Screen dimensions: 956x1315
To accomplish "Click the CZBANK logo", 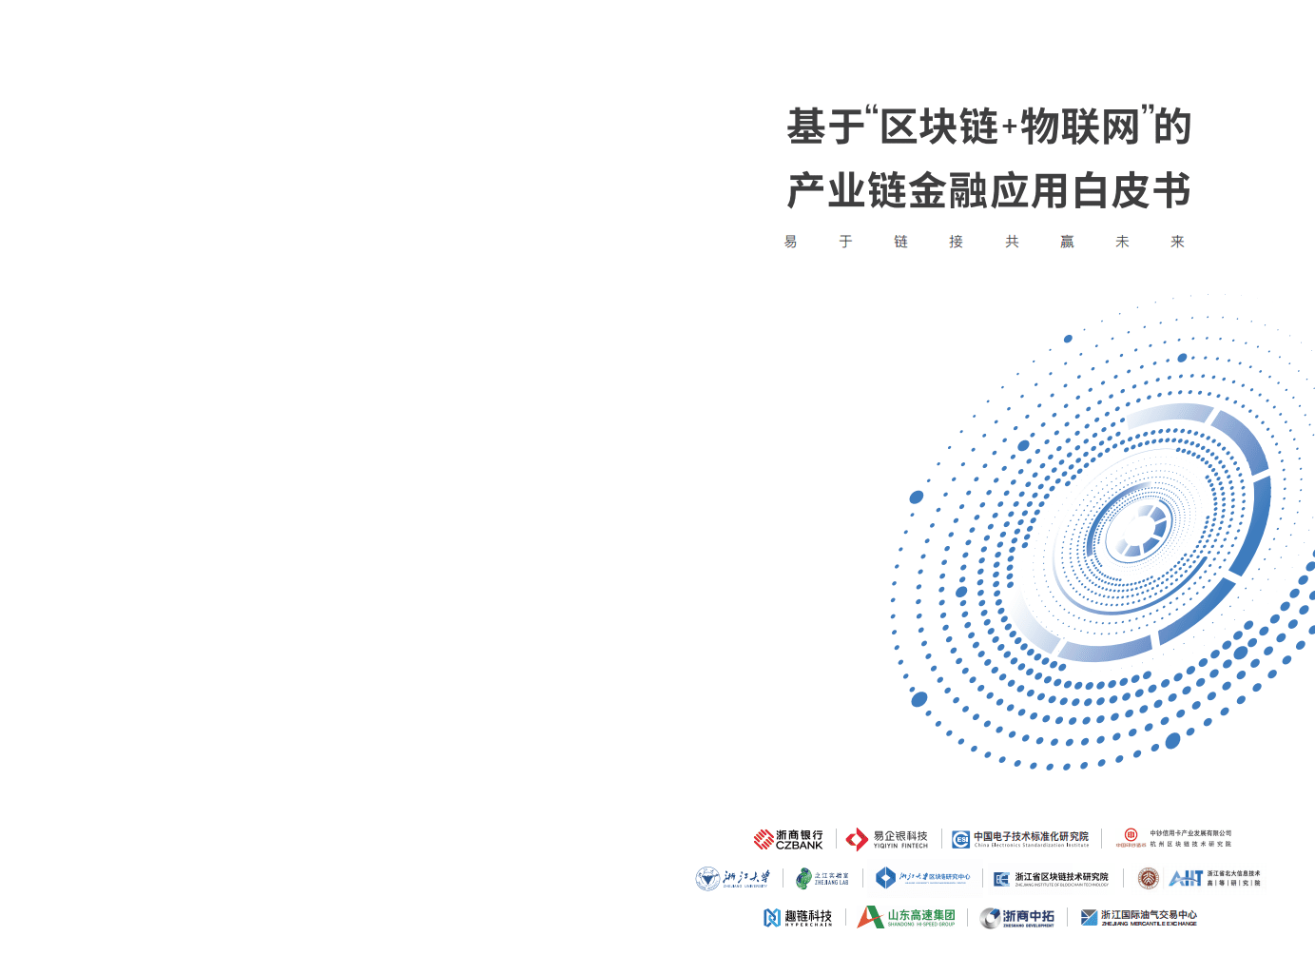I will click(x=788, y=839).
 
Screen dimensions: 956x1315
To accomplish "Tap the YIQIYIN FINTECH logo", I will click(x=886, y=839).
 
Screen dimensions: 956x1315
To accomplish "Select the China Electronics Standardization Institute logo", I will click(x=1021, y=839).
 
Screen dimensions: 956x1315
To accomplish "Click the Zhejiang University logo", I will click(x=732, y=879).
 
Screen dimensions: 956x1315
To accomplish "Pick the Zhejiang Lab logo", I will click(x=822, y=879).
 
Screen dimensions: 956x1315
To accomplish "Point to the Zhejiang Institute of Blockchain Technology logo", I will click(x=1051, y=879).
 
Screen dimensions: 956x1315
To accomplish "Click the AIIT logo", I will click(x=1214, y=878).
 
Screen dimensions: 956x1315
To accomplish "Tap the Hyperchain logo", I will click(x=798, y=917).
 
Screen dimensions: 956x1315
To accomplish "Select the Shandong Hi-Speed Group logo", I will click(x=906, y=917).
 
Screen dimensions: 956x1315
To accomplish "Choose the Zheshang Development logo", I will click(x=1017, y=917).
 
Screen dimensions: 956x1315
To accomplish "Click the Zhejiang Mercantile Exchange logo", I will click(x=1139, y=917).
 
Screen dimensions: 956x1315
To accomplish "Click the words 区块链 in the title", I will click(x=938, y=127).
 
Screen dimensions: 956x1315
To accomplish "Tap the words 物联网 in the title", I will click(x=1079, y=127).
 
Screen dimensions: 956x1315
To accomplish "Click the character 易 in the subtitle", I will click(x=790, y=242).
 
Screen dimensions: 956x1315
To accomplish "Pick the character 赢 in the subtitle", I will click(x=1067, y=242).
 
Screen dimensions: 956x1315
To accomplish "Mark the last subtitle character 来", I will click(x=1177, y=242).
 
